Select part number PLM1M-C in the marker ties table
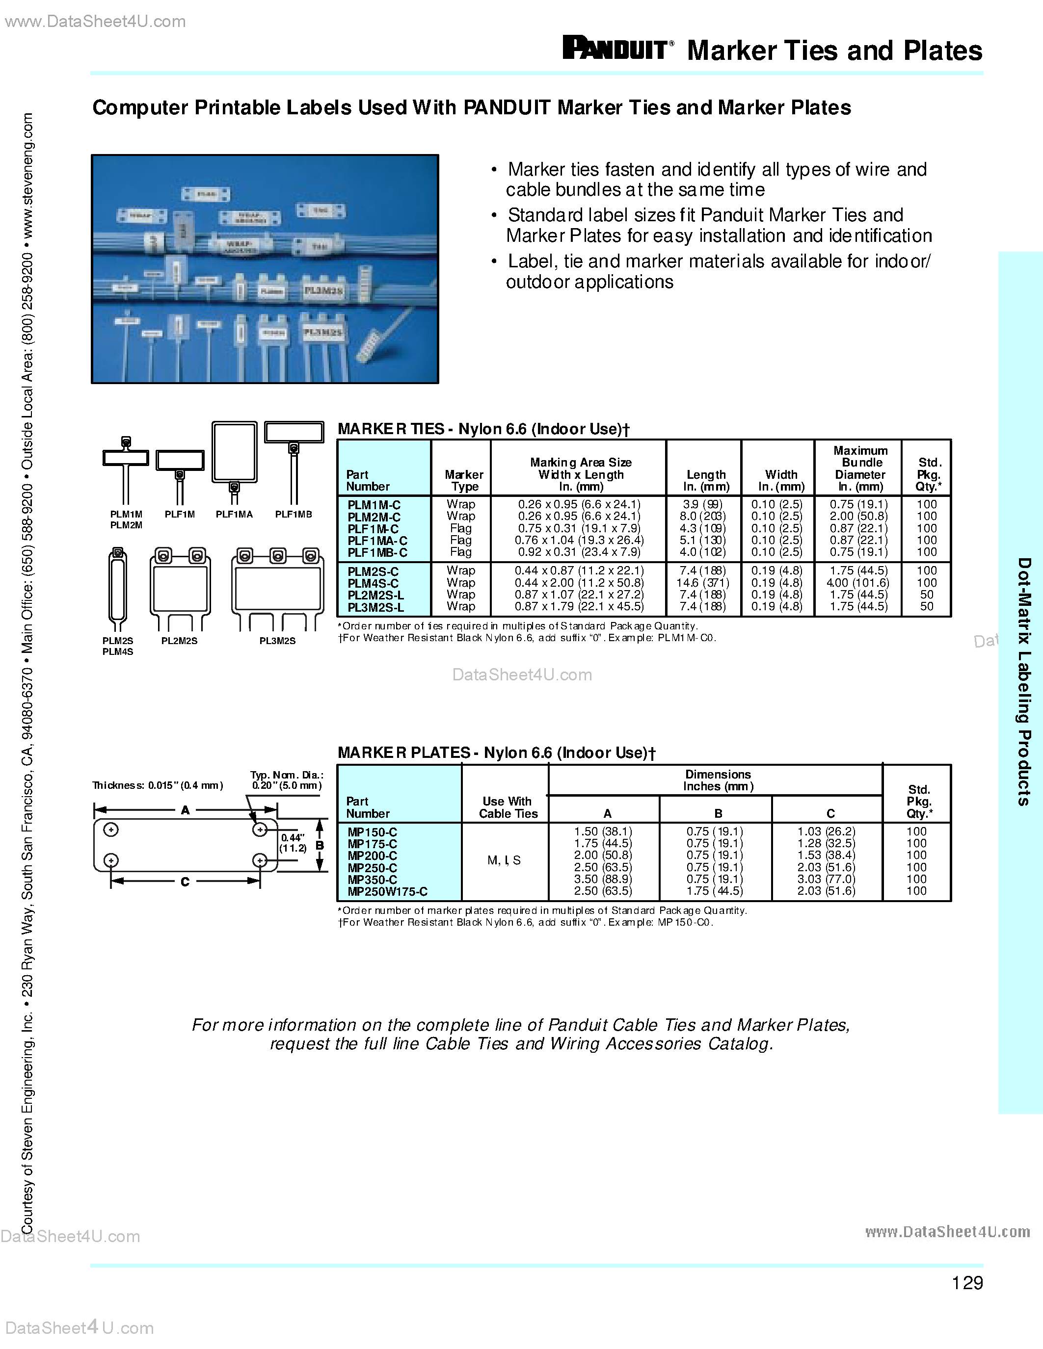coord(374,505)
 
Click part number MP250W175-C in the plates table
coord(387,891)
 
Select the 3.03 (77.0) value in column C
coord(826,879)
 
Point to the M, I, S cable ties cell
coord(504,860)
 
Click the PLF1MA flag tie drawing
coord(234,457)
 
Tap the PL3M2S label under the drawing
coord(277,641)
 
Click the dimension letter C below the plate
coord(185,882)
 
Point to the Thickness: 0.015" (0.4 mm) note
coord(158,786)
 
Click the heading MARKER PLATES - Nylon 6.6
coord(496,753)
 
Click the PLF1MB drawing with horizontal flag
coord(294,460)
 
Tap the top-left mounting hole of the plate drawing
coord(111,830)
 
